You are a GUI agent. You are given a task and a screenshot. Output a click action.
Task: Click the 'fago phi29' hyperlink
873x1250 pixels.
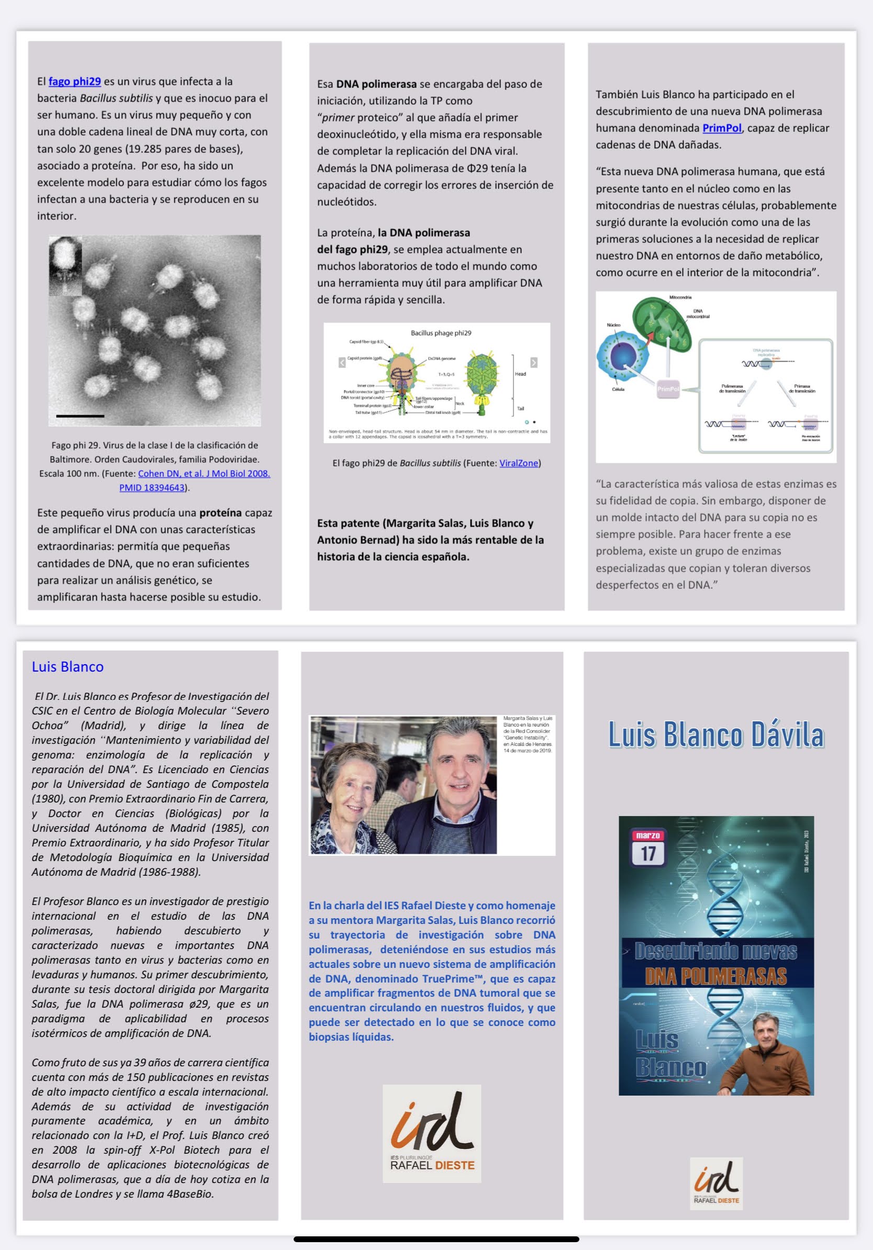click(x=74, y=82)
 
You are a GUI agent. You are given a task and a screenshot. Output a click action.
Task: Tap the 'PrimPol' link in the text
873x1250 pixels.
click(x=722, y=128)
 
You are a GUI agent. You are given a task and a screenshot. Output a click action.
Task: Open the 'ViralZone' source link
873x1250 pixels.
click(x=518, y=463)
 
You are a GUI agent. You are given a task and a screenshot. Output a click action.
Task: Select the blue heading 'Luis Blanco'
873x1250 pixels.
click(x=68, y=667)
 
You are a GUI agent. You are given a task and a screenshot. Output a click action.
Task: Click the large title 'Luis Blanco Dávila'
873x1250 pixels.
click(x=715, y=735)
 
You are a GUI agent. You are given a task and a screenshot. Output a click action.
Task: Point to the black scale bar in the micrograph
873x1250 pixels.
click(x=80, y=416)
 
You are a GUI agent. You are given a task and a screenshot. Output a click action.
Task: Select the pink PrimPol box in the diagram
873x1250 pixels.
click(x=668, y=389)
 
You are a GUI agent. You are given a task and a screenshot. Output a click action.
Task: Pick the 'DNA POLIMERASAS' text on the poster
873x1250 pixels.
click(x=715, y=976)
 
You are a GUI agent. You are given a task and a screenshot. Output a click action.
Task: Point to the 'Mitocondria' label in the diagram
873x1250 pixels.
click(x=680, y=297)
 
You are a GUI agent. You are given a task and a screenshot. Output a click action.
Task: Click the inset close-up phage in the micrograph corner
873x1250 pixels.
click(x=65, y=264)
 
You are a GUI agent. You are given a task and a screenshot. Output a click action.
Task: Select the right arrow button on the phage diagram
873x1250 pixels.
click(x=533, y=363)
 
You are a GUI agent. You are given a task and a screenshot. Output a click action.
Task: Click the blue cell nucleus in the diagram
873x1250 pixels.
click(x=623, y=356)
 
